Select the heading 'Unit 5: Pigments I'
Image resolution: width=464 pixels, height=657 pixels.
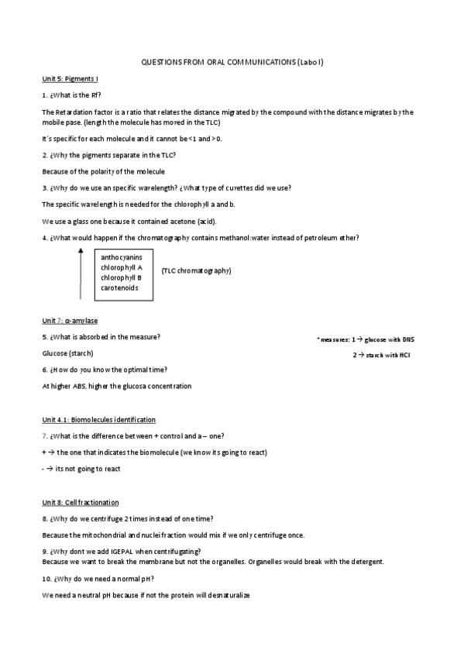tap(69, 79)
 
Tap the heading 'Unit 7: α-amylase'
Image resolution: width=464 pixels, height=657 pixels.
tap(70, 320)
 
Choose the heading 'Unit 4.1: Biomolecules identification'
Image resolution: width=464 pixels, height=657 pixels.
tap(98, 419)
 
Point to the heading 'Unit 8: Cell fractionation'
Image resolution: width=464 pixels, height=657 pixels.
tap(80, 502)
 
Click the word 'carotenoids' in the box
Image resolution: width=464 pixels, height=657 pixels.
tap(119, 287)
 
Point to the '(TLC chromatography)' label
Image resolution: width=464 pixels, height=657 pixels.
tap(196, 270)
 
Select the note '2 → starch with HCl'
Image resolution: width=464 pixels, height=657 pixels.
tap(381, 354)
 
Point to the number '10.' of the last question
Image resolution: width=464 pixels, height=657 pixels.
tap(46, 579)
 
